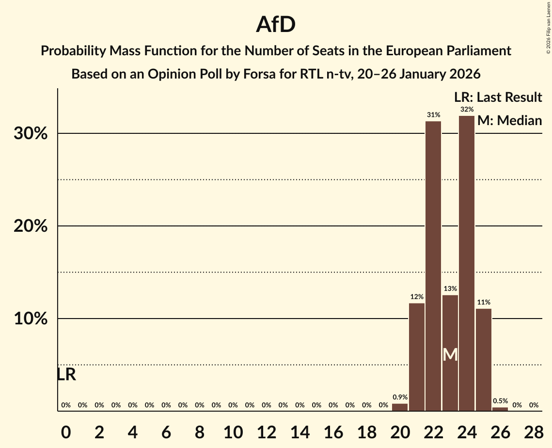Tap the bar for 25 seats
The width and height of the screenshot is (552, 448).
point(484,360)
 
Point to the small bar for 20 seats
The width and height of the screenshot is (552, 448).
point(400,407)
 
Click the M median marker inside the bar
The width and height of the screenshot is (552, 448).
point(450,354)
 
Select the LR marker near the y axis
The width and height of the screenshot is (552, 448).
point(66,374)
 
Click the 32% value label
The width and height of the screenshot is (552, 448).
point(467,110)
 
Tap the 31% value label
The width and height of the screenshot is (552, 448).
point(433,115)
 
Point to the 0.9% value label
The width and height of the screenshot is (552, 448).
point(400,398)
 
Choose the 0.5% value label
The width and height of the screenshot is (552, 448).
point(500,401)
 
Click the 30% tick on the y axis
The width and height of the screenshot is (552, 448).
point(31,134)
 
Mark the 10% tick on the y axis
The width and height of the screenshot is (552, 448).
point(31,319)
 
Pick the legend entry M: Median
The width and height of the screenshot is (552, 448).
point(509,120)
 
